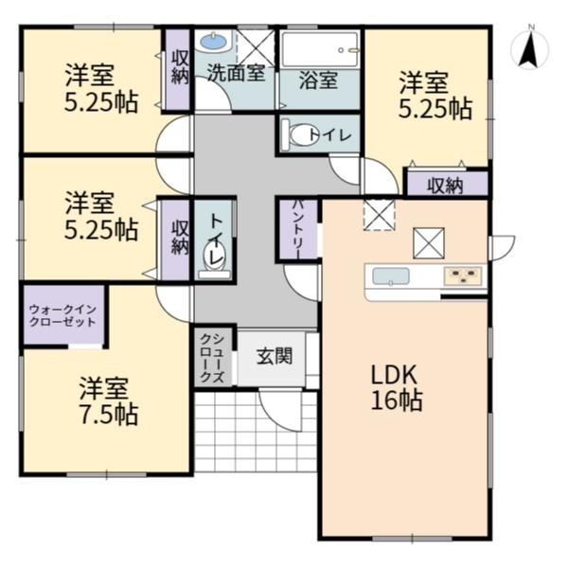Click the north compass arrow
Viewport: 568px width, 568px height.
click(x=528, y=50)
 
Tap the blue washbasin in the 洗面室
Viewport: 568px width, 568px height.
click(x=214, y=41)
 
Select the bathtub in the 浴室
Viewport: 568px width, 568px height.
click(x=320, y=49)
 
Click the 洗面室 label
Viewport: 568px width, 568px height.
click(x=236, y=73)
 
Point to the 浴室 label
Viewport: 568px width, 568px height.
click(x=319, y=80)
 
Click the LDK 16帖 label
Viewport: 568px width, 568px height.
click(x=396, y=387)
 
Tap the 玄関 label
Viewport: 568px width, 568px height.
click(x=275, y=356)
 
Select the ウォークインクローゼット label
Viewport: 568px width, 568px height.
click(x=62, y=315)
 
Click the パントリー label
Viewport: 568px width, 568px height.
click(x=297, y=229)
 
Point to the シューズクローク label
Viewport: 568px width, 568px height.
click(x=212, y=358)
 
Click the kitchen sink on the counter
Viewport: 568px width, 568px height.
click(x=391, y=276)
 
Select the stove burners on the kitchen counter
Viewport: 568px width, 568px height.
click(x=463, y=276)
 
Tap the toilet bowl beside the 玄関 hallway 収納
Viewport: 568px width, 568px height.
click(x=215, y=258)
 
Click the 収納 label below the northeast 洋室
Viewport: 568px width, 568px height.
click(x=445, y=186)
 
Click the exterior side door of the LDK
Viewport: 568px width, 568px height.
click(x=502, y=248)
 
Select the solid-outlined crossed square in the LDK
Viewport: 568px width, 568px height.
click(x=429, y=243)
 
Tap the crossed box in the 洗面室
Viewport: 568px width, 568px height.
click(x=256, y=48)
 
